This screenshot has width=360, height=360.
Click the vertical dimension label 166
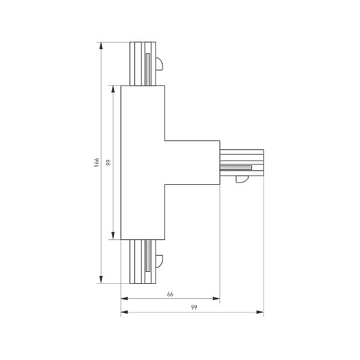coord(96,163)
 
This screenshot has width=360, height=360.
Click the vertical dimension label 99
coord(107,163)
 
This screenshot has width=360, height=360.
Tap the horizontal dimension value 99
coord(193,307)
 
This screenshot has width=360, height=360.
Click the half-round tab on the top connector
coord(159,64)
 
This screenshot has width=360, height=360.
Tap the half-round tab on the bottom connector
coord(159,261)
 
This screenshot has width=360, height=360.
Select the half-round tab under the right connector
coord(242,179)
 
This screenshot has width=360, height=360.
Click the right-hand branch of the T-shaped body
coord(192,162)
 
